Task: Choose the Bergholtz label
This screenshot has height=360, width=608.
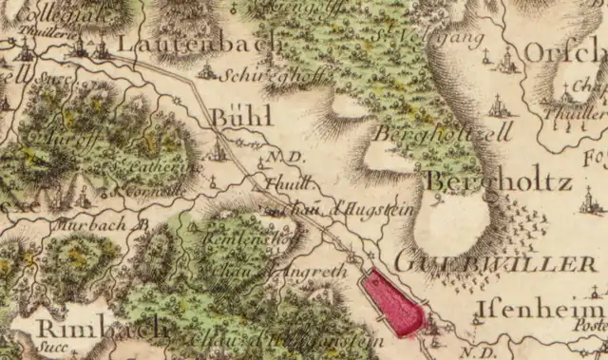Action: point(498,181)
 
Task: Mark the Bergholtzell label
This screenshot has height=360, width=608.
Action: point(443,133)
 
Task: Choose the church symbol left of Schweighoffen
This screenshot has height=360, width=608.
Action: point(206,70)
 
